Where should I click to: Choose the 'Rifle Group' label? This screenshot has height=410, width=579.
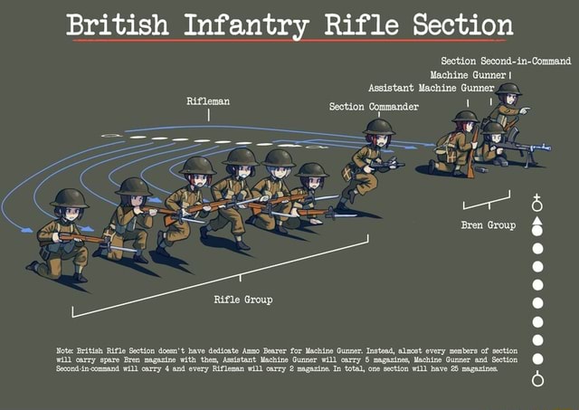tap(242, 299)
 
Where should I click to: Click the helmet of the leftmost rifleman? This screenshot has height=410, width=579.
tap(69, 198)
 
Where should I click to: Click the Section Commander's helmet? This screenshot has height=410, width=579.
tap(379, 127)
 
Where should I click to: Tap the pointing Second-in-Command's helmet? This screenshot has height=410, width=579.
tap(508, 90)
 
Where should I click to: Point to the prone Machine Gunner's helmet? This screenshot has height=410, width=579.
tap(494, 128)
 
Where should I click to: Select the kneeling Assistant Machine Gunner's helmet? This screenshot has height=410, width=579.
tap(465, 117)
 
